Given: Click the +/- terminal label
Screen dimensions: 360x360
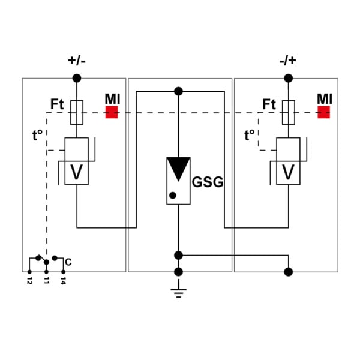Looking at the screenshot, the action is click(77, 61).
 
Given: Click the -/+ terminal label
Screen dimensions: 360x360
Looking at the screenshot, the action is click(288, 61).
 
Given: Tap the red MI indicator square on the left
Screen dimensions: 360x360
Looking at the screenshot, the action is click(112, 112).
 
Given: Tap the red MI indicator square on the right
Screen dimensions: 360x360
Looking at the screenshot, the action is click(323, 112).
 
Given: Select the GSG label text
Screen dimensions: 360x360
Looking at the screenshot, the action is click(208, 182).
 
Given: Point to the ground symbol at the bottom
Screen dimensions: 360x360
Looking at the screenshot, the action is click(178, 289).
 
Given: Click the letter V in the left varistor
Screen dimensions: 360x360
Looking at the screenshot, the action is click(76, 172).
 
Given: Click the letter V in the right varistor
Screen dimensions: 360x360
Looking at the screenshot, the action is click(288, 172).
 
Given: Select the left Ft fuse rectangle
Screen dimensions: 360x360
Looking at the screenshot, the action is click(77, 112).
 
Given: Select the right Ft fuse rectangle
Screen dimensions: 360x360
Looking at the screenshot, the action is click(289, 112).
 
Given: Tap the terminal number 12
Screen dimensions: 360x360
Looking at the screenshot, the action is click(29, 281).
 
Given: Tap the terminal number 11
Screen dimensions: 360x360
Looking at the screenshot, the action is click(46, 281).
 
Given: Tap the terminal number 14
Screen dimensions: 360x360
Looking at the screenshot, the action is click(63, 281).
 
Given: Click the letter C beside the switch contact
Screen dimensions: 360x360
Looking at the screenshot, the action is click(68, 262).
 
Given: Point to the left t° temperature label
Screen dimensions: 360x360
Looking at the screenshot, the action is click(37, 135).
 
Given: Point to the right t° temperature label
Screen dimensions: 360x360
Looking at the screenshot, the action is click(250, 135).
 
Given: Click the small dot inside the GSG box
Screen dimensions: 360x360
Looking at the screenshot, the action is click(173, 196).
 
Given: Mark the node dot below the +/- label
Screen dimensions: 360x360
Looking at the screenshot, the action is click(77, 78).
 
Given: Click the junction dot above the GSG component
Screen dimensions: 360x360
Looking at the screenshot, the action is click(178, 91).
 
